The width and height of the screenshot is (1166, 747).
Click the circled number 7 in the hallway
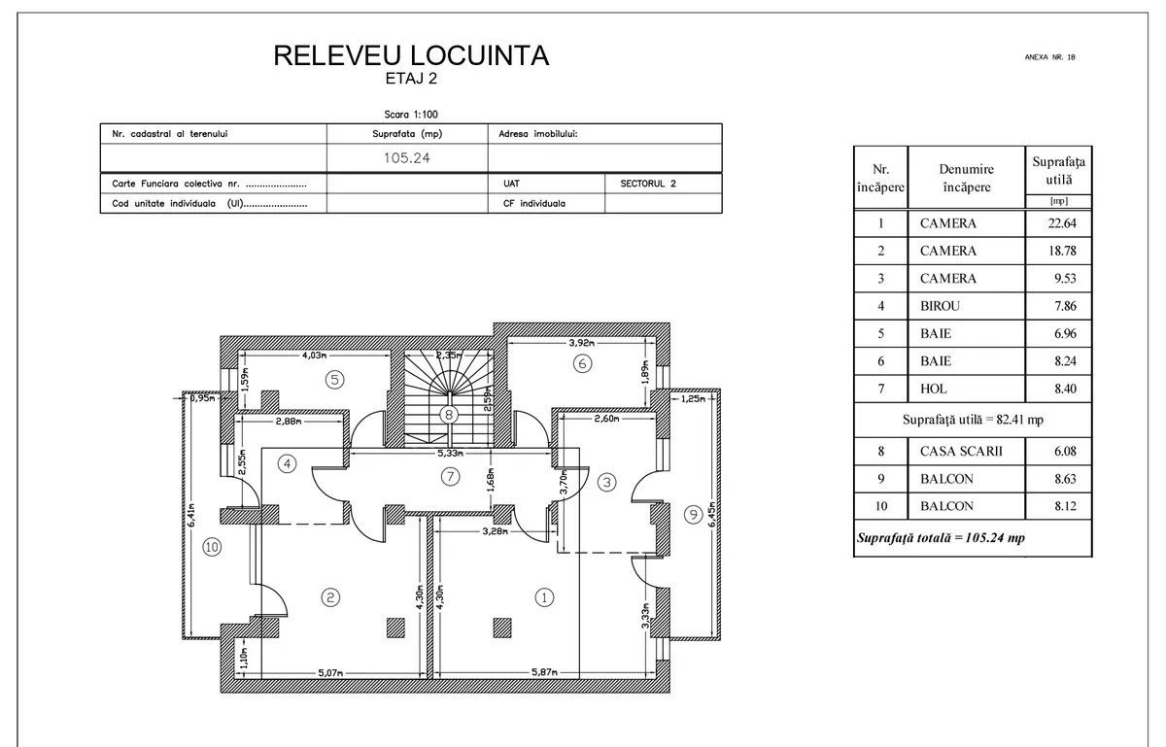pyautogui.click(x=450, y=476)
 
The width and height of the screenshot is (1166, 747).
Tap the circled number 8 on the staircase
pyautogui.click(x=449, y=415)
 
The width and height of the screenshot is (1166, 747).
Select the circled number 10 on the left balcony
pyautogui.click(x=212, y=547)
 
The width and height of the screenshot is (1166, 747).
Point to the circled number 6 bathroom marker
pyautogui.click(x=582, y=363)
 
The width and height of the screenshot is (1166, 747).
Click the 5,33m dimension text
pyautogui.click(x=450, y=453)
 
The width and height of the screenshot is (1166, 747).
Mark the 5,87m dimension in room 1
pyautogui.click(x=544, y=672)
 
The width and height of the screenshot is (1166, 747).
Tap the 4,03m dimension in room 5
pyautogui.click(x=315, y=355)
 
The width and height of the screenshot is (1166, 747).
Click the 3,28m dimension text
pyautogui.click(x=495, y=531)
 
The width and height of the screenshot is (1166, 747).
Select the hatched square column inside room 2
pyautogui.click(x=395, y=628)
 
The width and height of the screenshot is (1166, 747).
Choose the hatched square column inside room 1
pyautogui.click(x=502, y=628)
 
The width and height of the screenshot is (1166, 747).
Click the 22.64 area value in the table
pyautogui.click(x=1062, y=223)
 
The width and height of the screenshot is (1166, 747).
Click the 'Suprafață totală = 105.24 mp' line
pyautogui.click(x=941, y=538)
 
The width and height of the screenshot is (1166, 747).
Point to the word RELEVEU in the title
pyautogui.click(x=337, y=55)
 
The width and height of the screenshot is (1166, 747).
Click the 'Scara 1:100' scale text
pyautogui.click(x=411, y=115)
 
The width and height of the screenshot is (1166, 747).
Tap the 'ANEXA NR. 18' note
pyautogui.click(x=1050, y=57)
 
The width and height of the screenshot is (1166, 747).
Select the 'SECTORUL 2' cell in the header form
pyautogui.click(x=648, y=184)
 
